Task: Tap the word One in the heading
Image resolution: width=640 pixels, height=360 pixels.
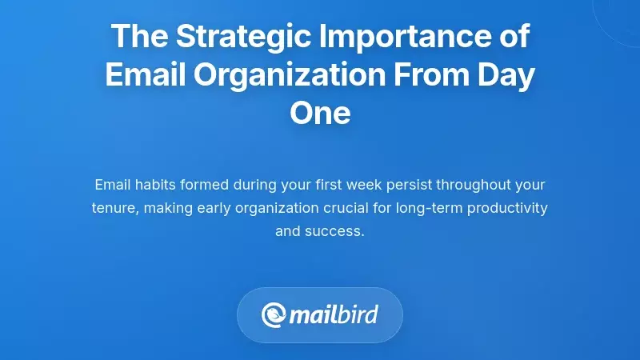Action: [x=320, y=113]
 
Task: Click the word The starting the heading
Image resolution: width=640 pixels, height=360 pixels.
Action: [x=137, y=37]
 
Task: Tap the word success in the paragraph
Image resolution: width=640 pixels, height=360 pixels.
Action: [x=336, y=233]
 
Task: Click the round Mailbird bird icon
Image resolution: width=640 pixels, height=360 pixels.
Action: [x=274, y=314]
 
